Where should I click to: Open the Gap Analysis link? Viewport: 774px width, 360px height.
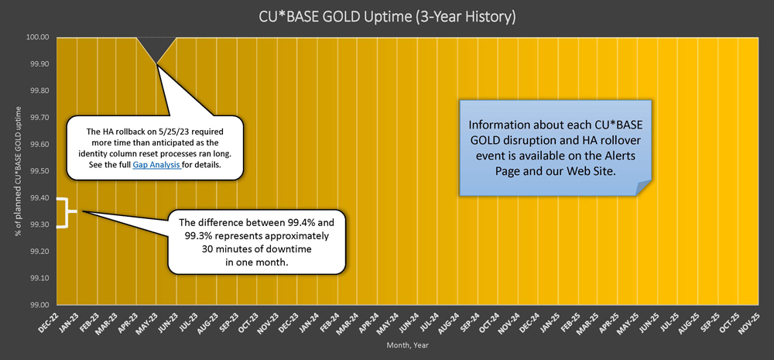(x=156, y=166)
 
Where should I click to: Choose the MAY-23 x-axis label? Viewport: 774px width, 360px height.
(x=147, y=324)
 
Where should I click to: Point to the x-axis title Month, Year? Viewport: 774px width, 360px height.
(x=407, y=346)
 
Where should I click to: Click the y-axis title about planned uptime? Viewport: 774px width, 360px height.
(x=19, y=171)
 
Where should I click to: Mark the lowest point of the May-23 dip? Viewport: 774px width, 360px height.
(x=156, y=64)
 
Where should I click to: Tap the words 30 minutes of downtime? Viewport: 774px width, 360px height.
(x=256, y=249)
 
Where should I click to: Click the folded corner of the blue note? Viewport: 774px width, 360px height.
(x=642, y=188)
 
